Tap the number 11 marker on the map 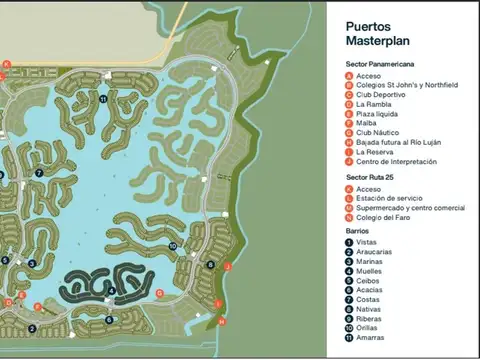103,99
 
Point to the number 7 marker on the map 38,172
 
